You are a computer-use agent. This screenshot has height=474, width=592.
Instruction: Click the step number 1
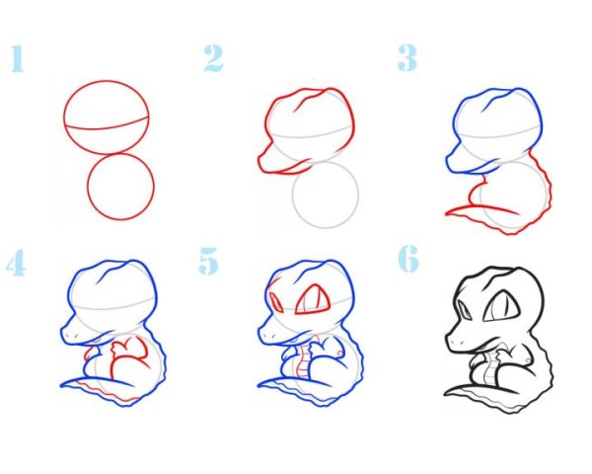click(18, 58)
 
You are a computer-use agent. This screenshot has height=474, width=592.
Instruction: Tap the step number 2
click(214, 58)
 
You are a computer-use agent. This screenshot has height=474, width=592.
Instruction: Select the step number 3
click(407, 58)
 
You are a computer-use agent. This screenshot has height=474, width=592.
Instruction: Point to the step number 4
click(16, 262)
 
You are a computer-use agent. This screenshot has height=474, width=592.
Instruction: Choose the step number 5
click(209, 261)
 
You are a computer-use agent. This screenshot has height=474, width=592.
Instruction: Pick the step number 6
click(408, 259)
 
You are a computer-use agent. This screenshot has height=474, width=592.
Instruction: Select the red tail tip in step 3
click(447, 213)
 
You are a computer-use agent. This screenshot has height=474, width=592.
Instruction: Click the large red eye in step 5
click(313, 300)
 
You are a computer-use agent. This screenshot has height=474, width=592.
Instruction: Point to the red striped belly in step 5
click(303, 361)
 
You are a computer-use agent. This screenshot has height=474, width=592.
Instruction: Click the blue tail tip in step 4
click(63, 386)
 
